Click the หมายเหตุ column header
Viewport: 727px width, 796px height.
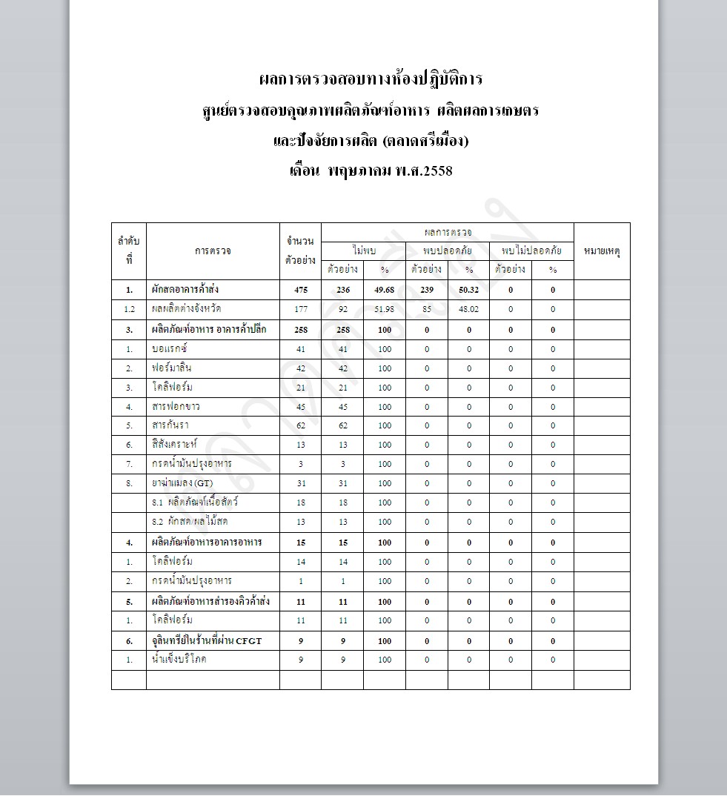coord(602,251)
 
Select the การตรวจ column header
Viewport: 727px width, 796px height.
coord(213,251)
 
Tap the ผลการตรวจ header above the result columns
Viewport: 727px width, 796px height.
coord(448,233)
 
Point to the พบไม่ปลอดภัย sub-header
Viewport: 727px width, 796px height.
coord(531,251)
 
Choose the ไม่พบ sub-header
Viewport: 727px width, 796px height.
coord(363,251)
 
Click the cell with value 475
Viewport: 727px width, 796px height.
coord(300,290)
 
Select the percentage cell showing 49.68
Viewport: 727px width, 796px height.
coord(384,290)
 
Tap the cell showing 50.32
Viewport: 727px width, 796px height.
coord(468,290)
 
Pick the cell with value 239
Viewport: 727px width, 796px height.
coord(426,290)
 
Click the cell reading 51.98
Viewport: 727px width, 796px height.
coord(384,309)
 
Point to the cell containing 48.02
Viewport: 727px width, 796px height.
coord(468,309)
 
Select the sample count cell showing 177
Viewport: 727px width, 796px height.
coord(300,309)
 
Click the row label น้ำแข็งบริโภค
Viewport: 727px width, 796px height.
coord(179,659)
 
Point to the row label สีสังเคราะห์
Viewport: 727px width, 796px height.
coord(176,445)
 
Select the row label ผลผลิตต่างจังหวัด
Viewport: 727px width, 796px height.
coord(186,309)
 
